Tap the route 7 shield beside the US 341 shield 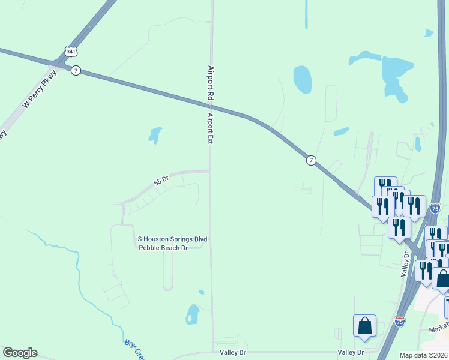click(x=75, y=70)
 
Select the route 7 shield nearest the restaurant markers click(x=310, y=160)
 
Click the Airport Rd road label click(x=211, y=83)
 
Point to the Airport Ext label click(x=211, y=128)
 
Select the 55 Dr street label click(x=161, y=179)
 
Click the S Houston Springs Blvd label click(x=173, y=239)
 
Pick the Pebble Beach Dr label click(x=164, y=247)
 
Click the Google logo click(x=20, y=353)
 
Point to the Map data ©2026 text click(x=424, y=355)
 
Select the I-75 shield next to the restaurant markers click(x=435, y=208)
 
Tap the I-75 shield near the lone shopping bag click(x=400, y=322)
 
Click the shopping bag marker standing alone click(x=365, y=325)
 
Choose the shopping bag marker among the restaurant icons click(x=442, y=278)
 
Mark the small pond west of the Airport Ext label click(x=155, y=134)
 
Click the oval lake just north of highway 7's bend click(x=303, y=79)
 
